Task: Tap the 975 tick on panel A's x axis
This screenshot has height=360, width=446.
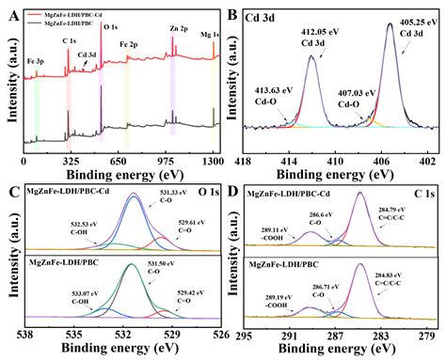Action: (x=167, y=162)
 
